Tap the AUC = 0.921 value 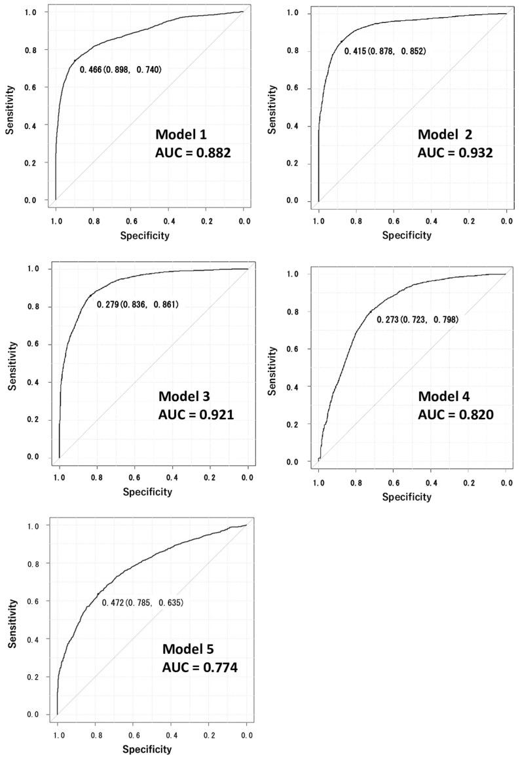[x=196, y=414]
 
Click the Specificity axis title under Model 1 [x=144, y=235]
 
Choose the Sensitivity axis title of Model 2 [x=273, y=108]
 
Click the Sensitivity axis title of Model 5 [x=12, y=622]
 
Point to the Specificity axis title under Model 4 [x=407, y=497]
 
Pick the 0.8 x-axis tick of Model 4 [x=356, y=483]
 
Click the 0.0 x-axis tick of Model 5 [x=246, y=736]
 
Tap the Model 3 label [x=185, y=397]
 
